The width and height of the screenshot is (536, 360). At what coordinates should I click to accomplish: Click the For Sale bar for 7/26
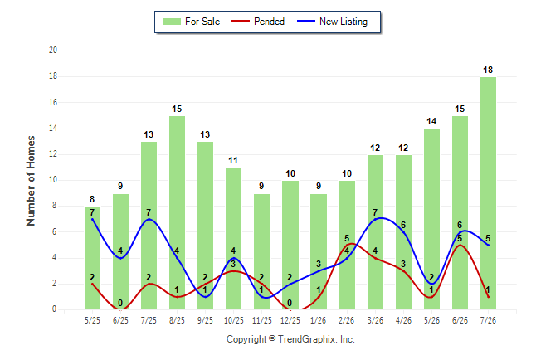click(x=488, y=193)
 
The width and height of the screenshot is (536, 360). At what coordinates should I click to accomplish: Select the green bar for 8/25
click(x=177, y=212)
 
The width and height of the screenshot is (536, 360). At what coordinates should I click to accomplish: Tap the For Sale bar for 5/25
click(x=92, y=258)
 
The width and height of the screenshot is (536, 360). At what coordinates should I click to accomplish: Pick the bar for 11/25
click(x=262, y=251)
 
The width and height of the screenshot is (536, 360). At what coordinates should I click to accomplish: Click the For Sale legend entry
click(x=192, y=22)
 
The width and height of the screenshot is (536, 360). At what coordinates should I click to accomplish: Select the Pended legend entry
click(x=258, y=22)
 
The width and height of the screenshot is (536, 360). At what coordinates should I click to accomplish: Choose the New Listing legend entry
click(x=332, y=22)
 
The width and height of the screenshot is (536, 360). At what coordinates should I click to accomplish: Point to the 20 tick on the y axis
click(x=53, y=51)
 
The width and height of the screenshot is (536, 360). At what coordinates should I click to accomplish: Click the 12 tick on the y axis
click(x=53, y=154)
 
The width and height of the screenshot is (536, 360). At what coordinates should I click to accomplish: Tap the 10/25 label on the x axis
click(x=234, y=320)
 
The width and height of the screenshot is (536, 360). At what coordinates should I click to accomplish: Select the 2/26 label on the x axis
click(x=346, y=320)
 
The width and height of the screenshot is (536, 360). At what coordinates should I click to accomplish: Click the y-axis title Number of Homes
click(x=31, y=181)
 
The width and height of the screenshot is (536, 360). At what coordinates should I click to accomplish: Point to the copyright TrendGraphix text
click(x=290, y=339)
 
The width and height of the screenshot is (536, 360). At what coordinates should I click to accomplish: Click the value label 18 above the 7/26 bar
click(x=488, y=70)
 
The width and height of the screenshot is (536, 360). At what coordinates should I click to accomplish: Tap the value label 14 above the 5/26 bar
click(x=431, y=121)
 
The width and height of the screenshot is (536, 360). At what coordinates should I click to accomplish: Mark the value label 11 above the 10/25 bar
click(x=233, y=160)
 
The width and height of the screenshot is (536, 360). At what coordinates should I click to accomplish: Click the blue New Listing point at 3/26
click(x=375, y=219)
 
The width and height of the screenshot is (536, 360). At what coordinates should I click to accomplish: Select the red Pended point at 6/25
click(x=120, y=309)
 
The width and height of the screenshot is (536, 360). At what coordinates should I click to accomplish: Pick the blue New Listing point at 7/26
click(x=488, y=246)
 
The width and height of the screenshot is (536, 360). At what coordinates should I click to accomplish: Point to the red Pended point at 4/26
click(x=403, y=271)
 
